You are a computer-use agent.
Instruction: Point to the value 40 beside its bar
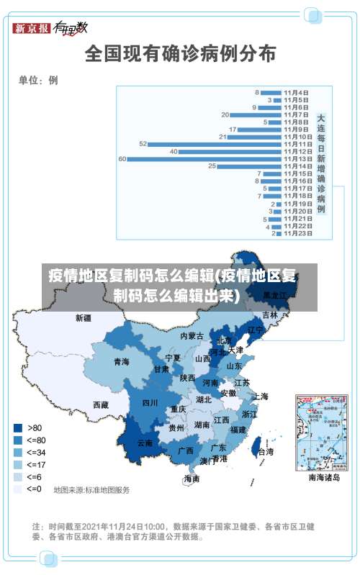[174, 151]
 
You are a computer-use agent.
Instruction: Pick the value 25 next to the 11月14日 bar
[212, 166]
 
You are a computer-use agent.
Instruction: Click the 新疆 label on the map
[84, 317]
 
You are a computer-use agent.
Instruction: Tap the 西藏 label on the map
[100, 405]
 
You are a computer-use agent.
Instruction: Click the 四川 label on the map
[150, 402]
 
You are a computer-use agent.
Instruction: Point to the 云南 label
[145, 443]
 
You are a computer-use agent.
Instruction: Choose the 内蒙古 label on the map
[192, 336]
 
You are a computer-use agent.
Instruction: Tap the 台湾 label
[265, 452]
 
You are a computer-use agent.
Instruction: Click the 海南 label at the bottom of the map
[192, 479]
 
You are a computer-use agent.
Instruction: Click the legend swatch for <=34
[18, 452]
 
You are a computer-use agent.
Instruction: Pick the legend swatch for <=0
[18, 489]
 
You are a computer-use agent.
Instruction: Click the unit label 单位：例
[38, 81]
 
